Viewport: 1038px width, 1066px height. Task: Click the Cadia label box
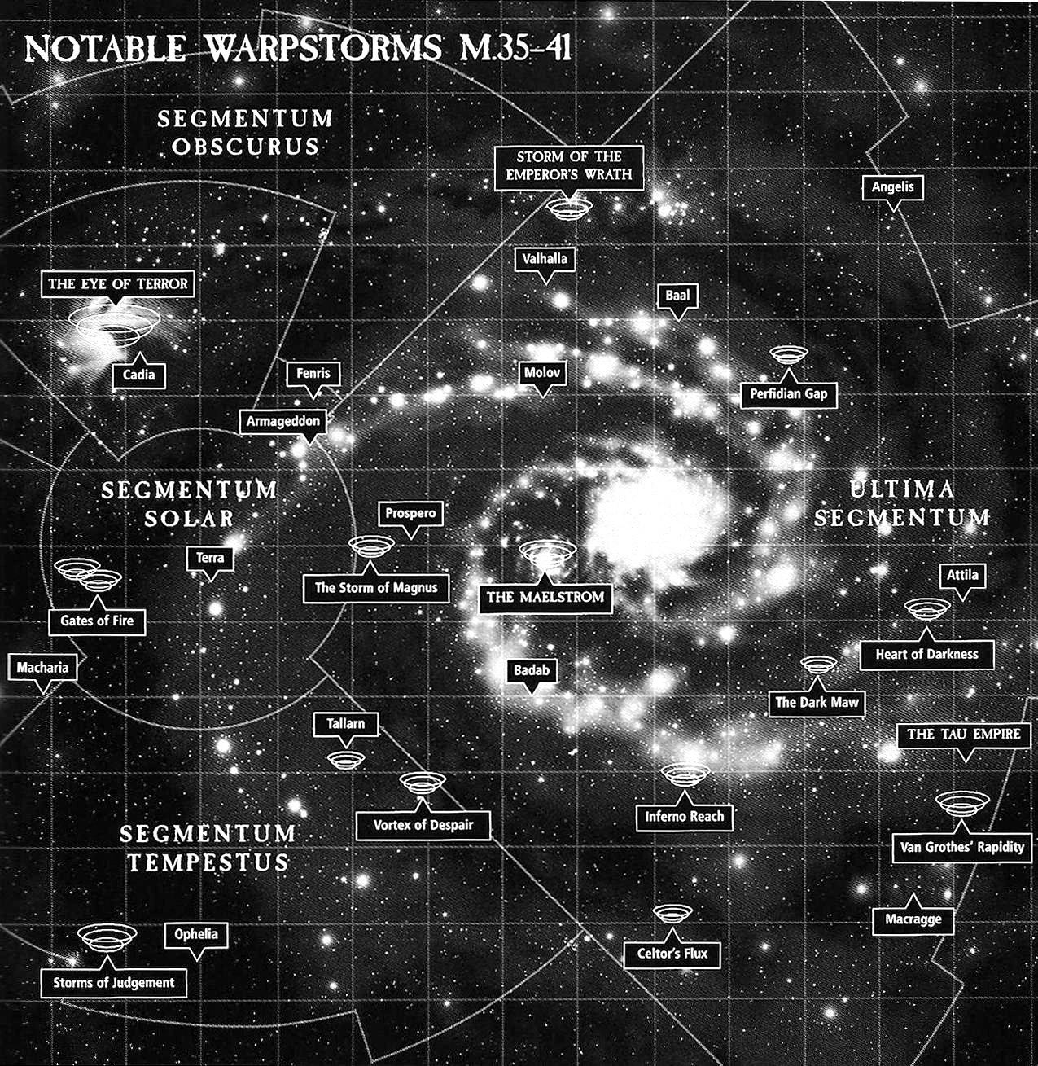(139, 375)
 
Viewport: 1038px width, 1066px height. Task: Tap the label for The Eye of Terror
(118, 284)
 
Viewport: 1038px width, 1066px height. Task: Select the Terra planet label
(210, 559)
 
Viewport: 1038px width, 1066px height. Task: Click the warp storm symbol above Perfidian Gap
(788, 354)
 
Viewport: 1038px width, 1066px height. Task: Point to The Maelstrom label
(545, 597)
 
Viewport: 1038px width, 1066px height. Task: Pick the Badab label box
(532, 671)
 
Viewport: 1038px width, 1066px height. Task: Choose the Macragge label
(913, 919)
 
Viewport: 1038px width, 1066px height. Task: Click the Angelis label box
(892, 187)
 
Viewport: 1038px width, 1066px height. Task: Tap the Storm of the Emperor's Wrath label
(569, 165)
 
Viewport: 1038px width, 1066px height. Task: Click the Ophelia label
(196, 934)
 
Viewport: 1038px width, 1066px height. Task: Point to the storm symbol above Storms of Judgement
(107, 937)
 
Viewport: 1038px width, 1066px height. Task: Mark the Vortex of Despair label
(423, 825)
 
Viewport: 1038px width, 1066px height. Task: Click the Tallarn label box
(346, 723)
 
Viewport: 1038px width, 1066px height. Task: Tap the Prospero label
(410, 514)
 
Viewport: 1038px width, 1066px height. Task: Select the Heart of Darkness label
(926, 654)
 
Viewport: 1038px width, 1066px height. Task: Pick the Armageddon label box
(283, 422)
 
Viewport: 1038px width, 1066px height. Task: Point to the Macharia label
(43, 668)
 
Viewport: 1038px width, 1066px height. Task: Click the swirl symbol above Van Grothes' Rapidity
(962, 803)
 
